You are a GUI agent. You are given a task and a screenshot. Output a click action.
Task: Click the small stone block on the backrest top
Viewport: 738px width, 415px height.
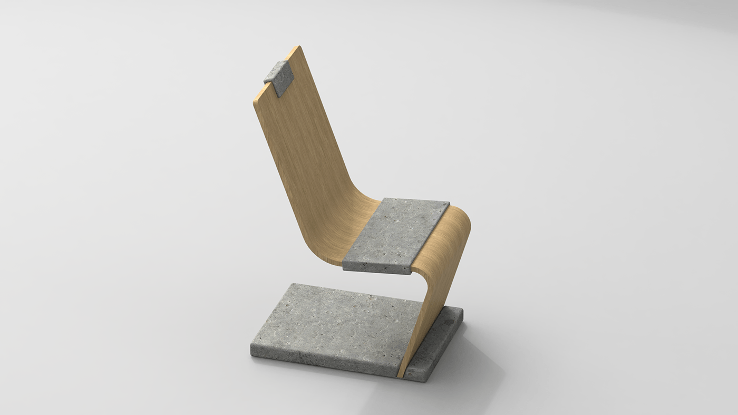tap(279, 77)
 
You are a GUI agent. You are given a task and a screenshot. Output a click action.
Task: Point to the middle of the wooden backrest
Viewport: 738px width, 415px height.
tap(300, 153)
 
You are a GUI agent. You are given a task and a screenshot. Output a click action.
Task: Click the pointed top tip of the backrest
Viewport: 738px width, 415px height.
tap(298, 47)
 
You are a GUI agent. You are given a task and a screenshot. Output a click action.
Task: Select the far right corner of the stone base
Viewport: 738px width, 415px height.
tap(462, 311)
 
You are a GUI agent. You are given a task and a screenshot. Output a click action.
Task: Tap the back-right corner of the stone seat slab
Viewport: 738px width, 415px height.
tap(449, 203)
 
